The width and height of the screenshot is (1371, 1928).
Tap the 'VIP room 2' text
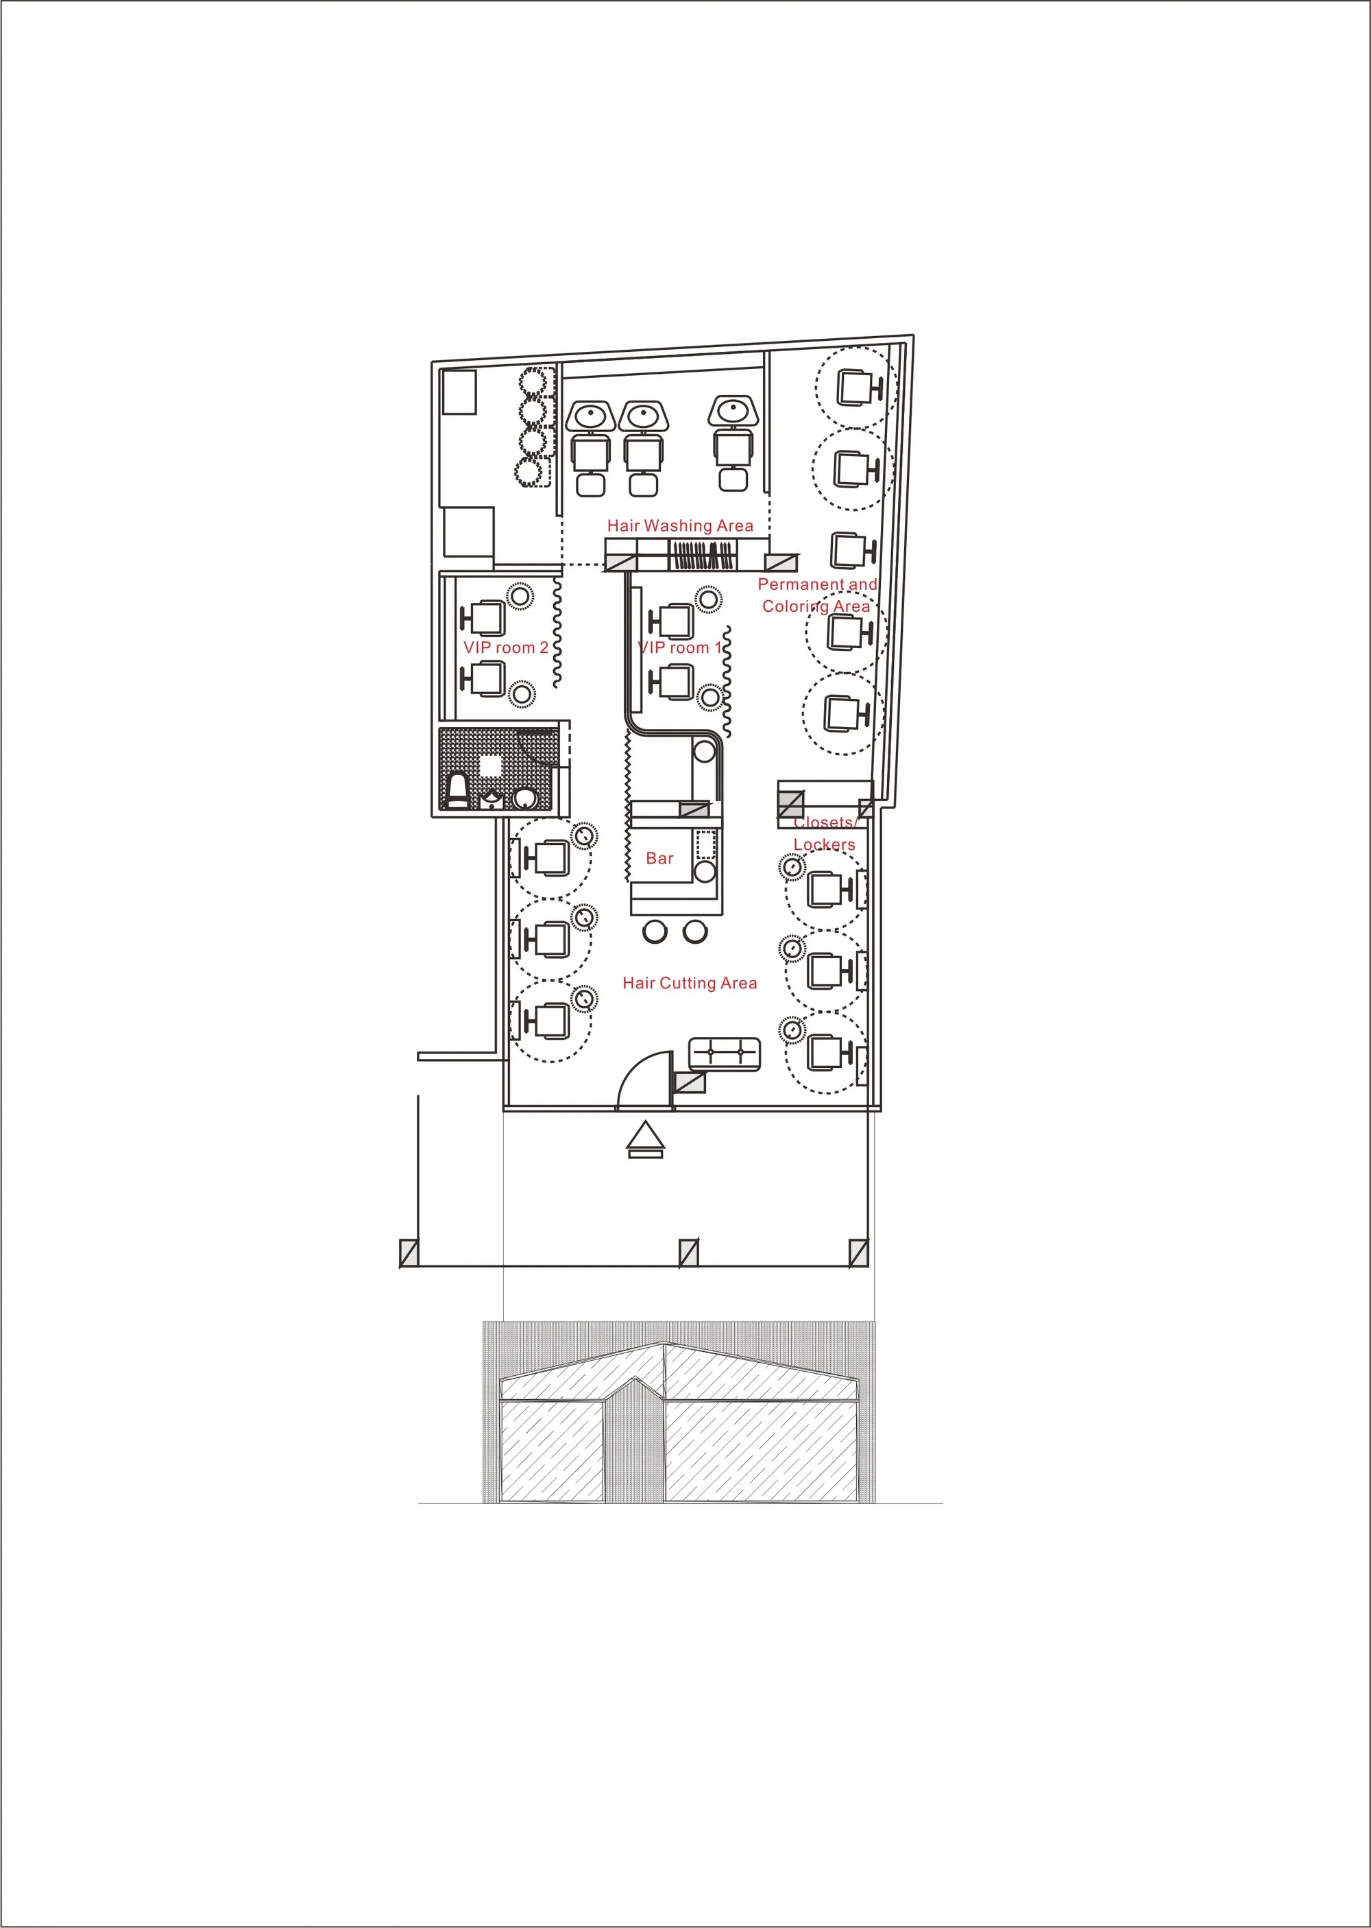click(x=506, y=647)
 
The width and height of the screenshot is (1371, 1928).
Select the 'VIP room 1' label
click(x=679, y=647)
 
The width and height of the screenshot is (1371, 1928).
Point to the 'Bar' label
click(x=659, y=858)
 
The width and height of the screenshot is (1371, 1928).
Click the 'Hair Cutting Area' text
click(x=690, y=983)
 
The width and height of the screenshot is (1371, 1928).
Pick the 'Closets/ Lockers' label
click(x=824, y=833)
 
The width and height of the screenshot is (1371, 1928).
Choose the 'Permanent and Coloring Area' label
click(x=817, y=595)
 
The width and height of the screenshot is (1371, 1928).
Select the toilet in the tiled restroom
click(x=457, y=792)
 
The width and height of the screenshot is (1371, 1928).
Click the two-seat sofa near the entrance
click(x=725, y=1054)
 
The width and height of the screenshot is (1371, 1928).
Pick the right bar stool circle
click(x=695, y=932)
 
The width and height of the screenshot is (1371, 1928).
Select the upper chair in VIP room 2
click(x=484, y=618)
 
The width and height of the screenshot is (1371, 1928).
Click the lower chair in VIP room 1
click(x=672, y=682)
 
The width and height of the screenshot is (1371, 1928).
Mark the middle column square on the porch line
click(x=689, y=1252)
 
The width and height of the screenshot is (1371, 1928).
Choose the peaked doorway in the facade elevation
click(x=634, y=1442)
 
